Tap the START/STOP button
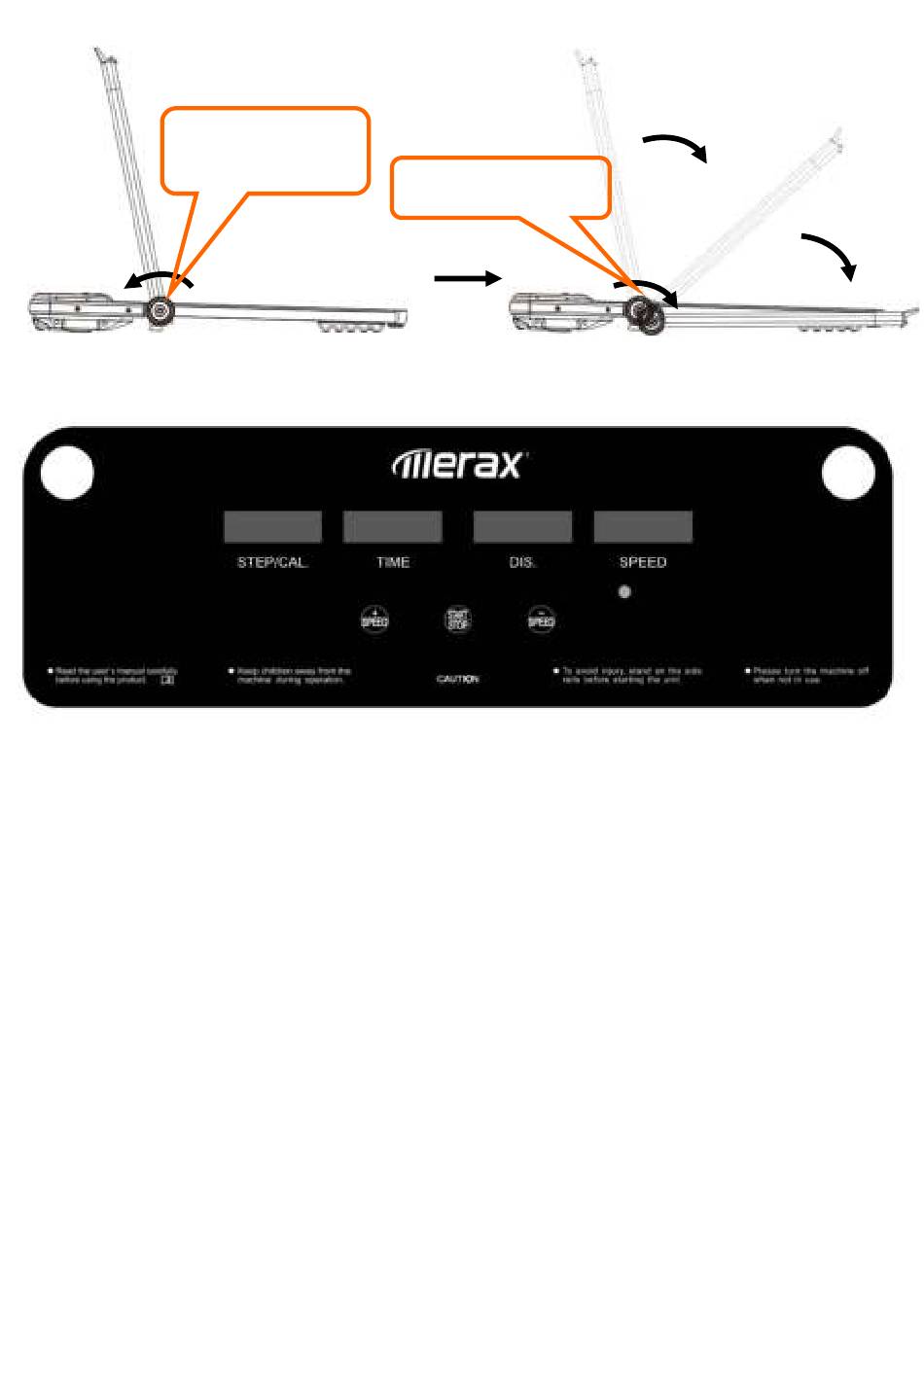coord(457,619)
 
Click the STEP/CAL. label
coord(272,563)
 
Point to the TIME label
coord(393,563)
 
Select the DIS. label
coord(522,563)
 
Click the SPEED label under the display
coord(643,563)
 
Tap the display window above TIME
coord(393,527)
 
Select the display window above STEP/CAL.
coord(272,527)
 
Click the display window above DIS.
coord(522,527)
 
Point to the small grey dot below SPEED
coord(624,591)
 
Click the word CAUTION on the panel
coord(457,680)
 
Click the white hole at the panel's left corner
coord(68,474)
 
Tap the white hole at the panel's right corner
coord(848,474)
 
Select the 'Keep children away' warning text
coord(290,675)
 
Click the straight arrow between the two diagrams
coord(467,279)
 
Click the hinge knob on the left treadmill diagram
coord(159,310)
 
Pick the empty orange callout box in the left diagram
coord(265,150)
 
